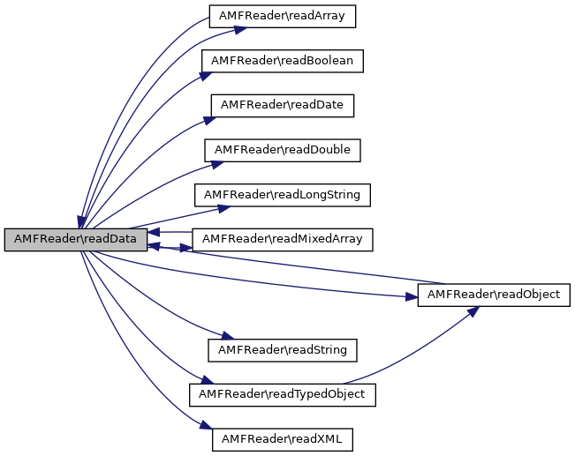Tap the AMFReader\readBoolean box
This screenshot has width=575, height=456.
(x=282, y=61)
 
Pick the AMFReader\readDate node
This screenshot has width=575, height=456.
(x=282, y=105)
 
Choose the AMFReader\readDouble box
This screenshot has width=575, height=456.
(x=282, y=150)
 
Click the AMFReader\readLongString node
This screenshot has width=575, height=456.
(x=282, y=194)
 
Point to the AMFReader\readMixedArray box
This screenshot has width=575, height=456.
(x=282, y=239)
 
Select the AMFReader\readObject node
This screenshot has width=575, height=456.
(x=493, y=295)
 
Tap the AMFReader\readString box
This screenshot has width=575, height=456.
(x=282, y=350)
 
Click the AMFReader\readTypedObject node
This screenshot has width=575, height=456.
(x=282, y=394)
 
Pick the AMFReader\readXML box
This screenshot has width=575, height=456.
(x=282, y=438)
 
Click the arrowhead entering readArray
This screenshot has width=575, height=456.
(x=239, y=28)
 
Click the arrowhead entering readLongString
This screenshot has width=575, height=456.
(x=224, y=207)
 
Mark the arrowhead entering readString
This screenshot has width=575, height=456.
(x=225, y=338)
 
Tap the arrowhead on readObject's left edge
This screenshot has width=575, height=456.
(x=411, y=298)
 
